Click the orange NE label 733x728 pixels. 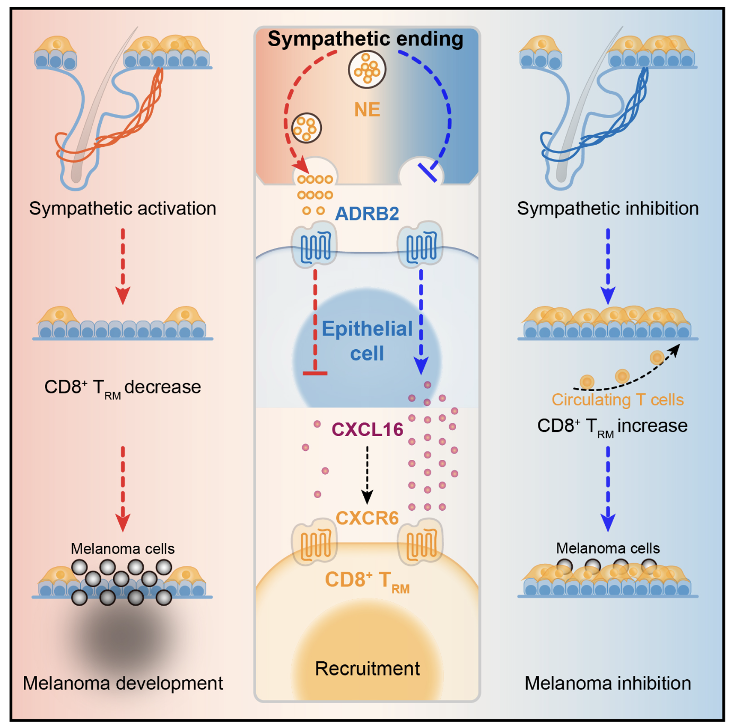367,110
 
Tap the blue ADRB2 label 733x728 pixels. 367,214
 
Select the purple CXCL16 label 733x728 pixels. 367,429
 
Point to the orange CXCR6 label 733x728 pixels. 367,518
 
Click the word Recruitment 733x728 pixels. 367,669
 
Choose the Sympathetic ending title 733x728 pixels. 365,39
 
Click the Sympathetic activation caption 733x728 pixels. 123,208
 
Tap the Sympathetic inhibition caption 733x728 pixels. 608,208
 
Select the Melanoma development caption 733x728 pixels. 123,683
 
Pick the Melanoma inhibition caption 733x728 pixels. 608,683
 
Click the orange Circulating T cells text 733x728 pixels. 617,399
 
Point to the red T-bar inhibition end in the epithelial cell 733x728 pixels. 315,373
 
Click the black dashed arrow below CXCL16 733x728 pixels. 367,474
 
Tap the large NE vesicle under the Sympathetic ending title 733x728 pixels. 367,69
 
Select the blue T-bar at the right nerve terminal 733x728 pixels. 427,173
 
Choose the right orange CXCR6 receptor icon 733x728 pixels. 421,541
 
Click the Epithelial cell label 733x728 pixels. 367,341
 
